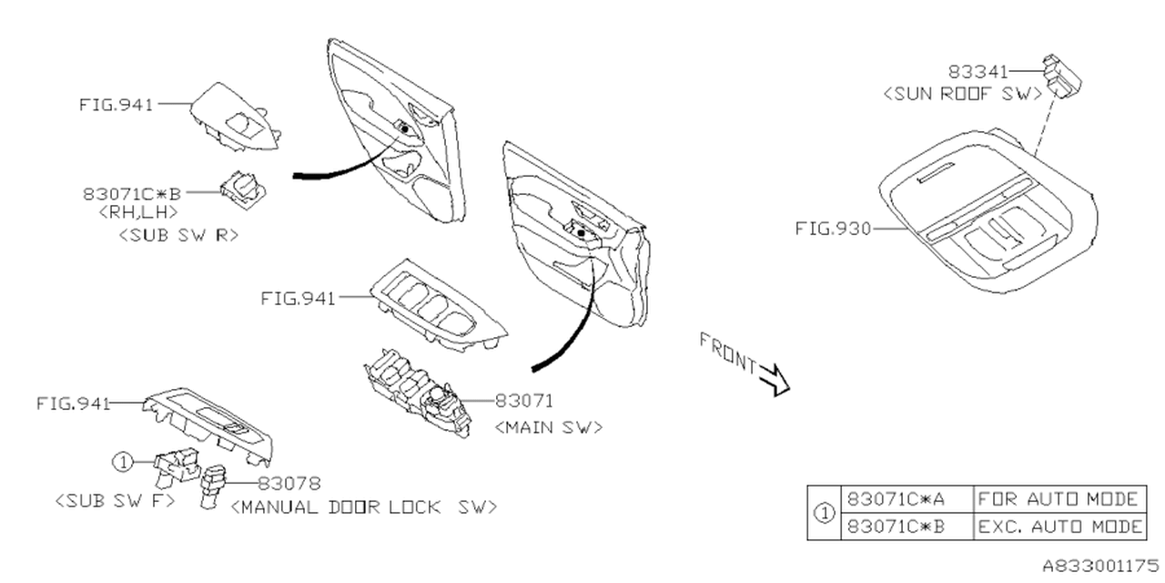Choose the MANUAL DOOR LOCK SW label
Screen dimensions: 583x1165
(364, 506)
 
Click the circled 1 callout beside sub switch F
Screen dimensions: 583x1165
(123, 463)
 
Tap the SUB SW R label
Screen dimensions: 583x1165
(178, 234)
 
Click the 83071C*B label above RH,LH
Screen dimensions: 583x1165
(132, 192)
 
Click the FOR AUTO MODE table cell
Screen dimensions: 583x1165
(1059, 499)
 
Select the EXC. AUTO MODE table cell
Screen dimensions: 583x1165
(1059, 527)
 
